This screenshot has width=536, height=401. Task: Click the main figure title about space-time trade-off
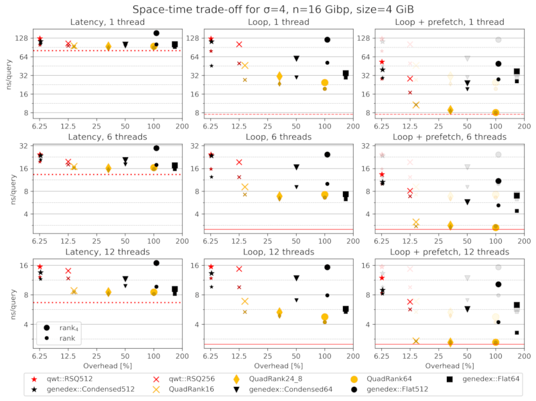pyautogui.click(x=268, y=9)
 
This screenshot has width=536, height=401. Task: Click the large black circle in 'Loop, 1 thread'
pyautogui.click(x=327, y=39)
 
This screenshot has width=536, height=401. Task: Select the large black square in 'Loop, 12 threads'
pyautogui.click(x=346, y=309)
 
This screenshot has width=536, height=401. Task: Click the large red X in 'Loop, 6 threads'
pyautogui.click(x=239, y=162)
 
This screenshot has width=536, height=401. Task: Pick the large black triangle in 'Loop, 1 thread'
pyautogui.click(x=296, y=59)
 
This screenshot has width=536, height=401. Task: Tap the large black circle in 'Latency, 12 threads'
pyautogui.click(x=156, y=263)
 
